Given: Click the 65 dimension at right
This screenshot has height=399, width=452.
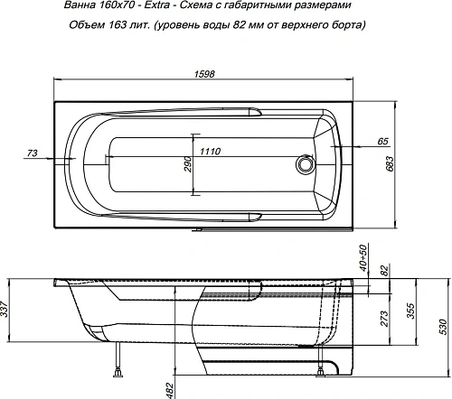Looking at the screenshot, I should click(383, 142).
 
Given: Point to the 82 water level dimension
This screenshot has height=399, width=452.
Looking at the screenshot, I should click(384, 270).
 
